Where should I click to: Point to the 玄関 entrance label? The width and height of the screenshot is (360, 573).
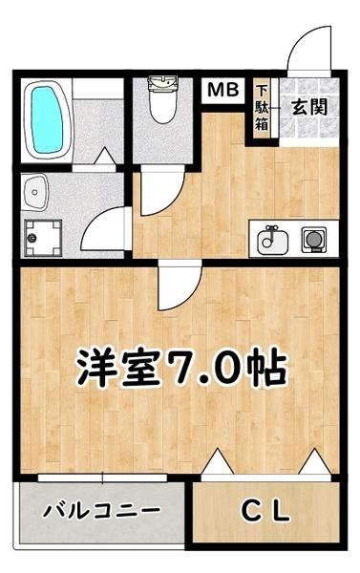(309, 106)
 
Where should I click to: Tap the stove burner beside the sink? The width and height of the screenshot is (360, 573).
(313, 238)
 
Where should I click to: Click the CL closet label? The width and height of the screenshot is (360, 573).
(264, 514)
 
